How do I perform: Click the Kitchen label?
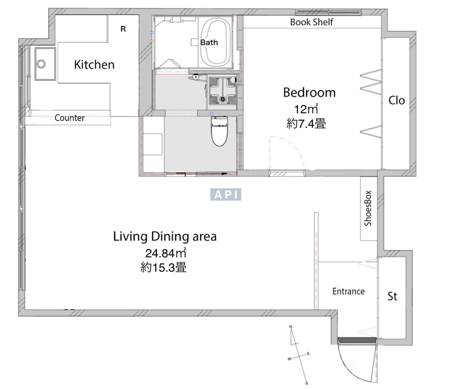pyautogui.click(x=94, y=65)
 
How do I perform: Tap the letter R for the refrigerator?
pyautogui.click(x=123, y=29)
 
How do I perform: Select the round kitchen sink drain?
pyautogui.click(x=41, y=64)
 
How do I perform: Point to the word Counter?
pyautogui.click(x=69, y=118)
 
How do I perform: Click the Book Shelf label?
pyautogui.click(x=311, y=22)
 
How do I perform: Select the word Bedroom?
pyautogui.click(x=309, y=93)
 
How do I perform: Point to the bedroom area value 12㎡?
pyautogui.click(x=306, y=109)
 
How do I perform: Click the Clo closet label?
pyautogui.click(x=397, y=101)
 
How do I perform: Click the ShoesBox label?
pyautogui.click(x=368, y=208)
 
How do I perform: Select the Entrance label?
pyautogui.click(x=348, y=291)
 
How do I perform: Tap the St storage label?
pyautogui.click(x=392, y=296)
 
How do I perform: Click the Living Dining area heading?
pyautogui.click(x=165, y=237)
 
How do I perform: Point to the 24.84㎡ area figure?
pyautogui.click(x=166, y=253)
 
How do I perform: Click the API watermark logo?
pyautogui.click(x=226, y=194)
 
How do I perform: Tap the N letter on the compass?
pyautogui.click(x=291, y=327)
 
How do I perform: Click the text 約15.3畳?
pyautogui.click(x=164, y=267)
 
